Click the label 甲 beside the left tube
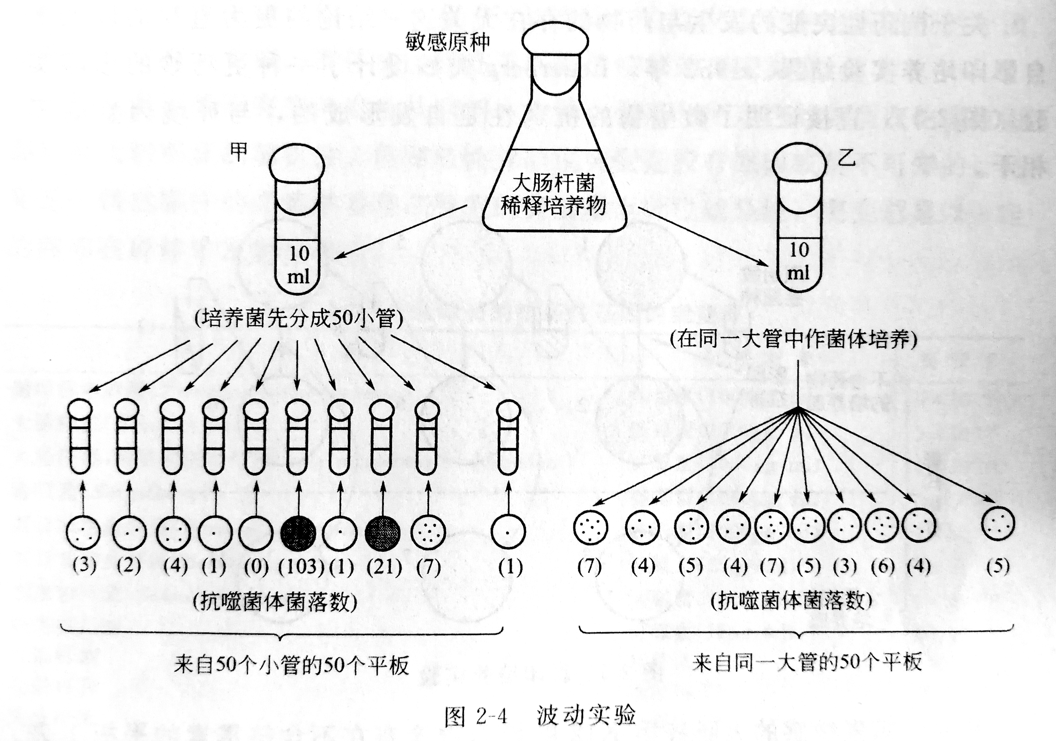click(239, 151)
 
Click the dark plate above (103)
click(298, 533)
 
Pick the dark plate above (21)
click(382, 533)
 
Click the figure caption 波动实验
click(586, 715)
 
